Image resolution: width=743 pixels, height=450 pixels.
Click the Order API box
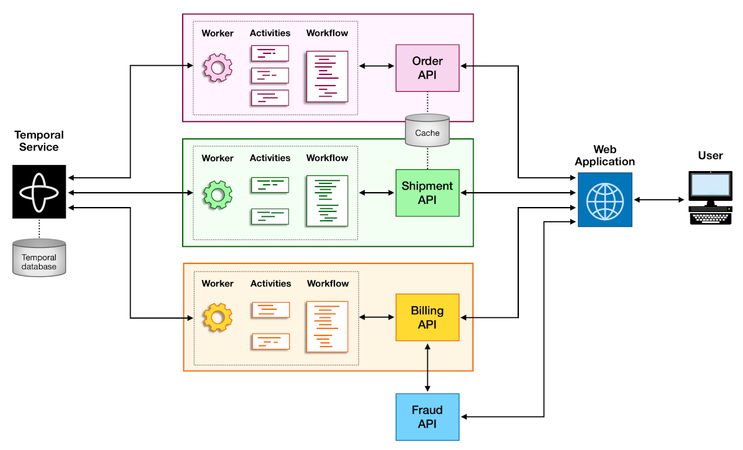pos(427,68)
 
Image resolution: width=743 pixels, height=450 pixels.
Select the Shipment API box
pos(427,193)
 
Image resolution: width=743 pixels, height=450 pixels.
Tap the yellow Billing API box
pos(427,317)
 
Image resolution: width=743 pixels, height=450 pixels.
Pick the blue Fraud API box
pos(427,417)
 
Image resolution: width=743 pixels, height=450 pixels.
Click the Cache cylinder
pos(427,131)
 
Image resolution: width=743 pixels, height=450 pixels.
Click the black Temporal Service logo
pos(39,192)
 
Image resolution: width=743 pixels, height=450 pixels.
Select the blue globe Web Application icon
pos(605,200)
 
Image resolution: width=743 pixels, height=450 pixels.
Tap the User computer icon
pos(710,198)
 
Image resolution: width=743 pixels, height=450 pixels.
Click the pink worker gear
pos(217,68)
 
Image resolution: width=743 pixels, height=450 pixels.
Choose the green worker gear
pos(217,194)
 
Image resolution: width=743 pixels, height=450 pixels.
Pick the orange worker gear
pos(217,318)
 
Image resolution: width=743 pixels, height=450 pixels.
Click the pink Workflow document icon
pos(327,77)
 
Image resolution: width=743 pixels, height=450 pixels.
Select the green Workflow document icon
pos(327,201)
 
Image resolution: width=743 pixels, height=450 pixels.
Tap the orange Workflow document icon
pos(327,327)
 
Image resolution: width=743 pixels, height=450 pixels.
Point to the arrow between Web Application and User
pos(660,200)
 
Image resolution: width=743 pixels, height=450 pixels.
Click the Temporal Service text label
pos(39,141)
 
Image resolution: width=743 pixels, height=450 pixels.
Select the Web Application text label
pos(605,155)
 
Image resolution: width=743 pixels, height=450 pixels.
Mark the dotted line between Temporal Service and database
pos(39,228)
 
